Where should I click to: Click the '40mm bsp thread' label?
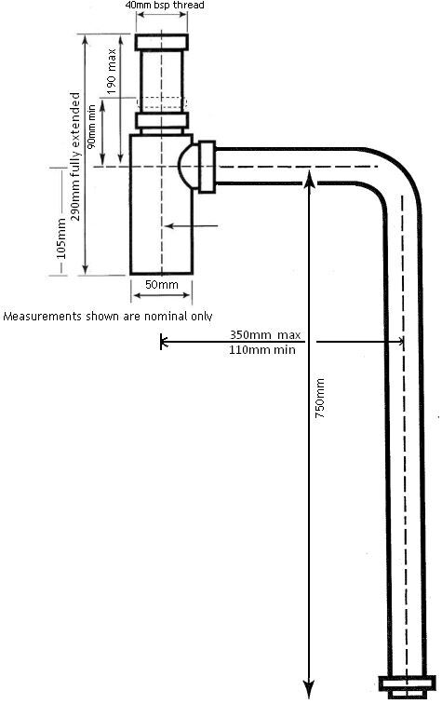pyautogui.click(x=164, y=5)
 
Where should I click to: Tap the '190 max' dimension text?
pyautogui.click(x=112, y=72)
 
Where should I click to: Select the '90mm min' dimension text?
pyautogui.click(x=91, y=127)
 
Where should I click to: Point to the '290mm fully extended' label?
pyautogui.click(x=75, y=156)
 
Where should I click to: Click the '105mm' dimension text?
pyautogui.click(x=61, y=238)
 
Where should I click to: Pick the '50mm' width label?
pyautogui.click(x=162, y=285)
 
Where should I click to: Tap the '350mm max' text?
pyautogui.click(x=265, y=335)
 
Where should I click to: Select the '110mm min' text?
pyautogui.click(x=262, y=350)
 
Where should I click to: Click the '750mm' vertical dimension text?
pyautogui.click(x=319, y=399)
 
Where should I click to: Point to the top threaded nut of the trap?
pyautogui.click(x=162, y=42)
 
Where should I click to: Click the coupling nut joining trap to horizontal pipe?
pyautogui.click(x=207, y=167)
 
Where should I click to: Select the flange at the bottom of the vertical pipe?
pyautogui.click(x=407, y=686)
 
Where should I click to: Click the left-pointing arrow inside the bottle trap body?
pyautogui.click(x=191, y=226)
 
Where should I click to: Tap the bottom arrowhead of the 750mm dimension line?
pyautogui.click(x=308, y=690)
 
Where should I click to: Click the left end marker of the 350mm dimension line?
pyautogui.click(x=162, y=342)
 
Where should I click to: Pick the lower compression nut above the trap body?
pyautogui.click(x=162, y=121)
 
